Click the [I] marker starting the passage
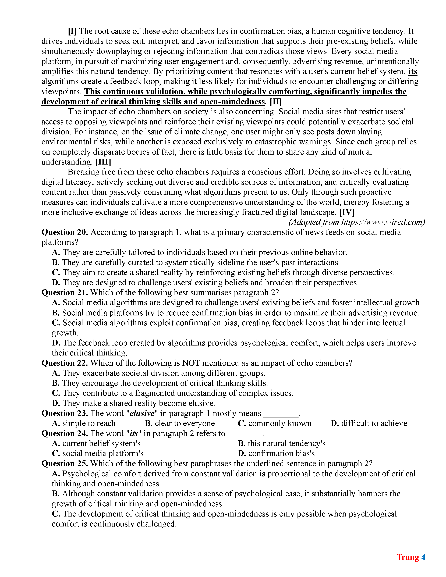[x=72, y=31]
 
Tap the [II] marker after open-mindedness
[x=276, y=102]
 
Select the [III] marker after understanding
[x=103, y=162]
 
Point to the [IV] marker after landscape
[x=347, y=212]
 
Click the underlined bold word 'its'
[x=413, y=71]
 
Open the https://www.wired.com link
[x=383, y=222]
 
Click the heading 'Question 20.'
[x=65, y=232]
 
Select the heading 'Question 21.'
[x=65, y=293]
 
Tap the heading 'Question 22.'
[x=65, y=363]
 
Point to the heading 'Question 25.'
[x=65, y=464]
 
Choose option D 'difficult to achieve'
[x=369, y=423]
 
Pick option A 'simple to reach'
[x=84, y=423]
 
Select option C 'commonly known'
[x=275, y=423]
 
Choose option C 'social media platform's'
[x=98, y=454]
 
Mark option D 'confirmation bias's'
[x=276, y=454]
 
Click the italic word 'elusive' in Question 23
[x=142, y=414]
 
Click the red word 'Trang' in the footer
[x=408, y=557]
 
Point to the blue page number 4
[x=423, y=557]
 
